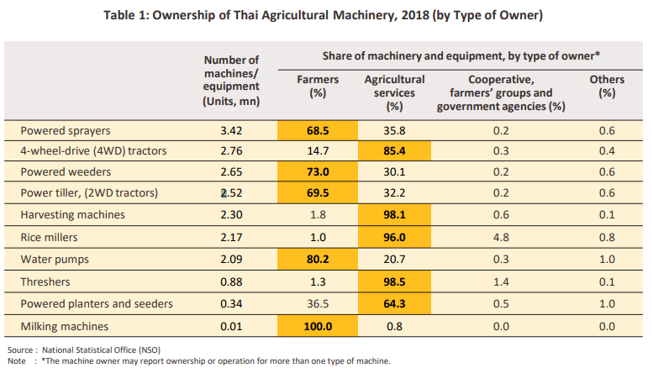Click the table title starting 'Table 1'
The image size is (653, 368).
click(326, 16)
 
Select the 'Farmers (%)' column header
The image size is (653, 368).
click(318, 87)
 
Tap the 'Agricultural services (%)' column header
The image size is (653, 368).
click(395, 92)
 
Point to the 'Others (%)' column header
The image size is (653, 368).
click(607, 87)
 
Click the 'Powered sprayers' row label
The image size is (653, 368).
click(66, 130)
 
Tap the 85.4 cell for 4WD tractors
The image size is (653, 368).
click(395, 151)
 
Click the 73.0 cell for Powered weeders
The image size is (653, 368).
click(318, 172)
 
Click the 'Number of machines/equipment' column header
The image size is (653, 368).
click(232, 80)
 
